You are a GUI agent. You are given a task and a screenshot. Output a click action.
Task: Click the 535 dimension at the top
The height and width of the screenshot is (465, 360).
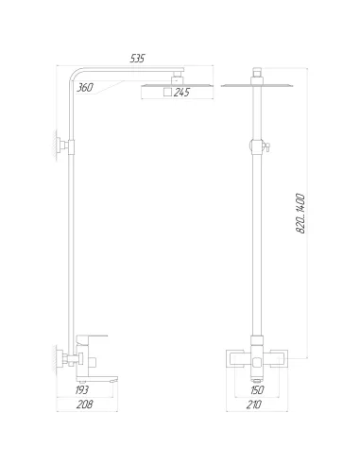click(x=138, y=59)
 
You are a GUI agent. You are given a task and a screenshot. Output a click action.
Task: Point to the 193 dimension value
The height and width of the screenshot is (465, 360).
click(x=82, y=389)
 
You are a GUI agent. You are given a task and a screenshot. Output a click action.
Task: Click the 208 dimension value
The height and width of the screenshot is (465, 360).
click(x=84, y=405)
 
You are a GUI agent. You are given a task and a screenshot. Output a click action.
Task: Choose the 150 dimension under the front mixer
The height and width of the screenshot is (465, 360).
click(x=258, y=389)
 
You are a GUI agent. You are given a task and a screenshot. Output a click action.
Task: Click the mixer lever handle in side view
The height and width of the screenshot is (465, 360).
click(x=96, y=336)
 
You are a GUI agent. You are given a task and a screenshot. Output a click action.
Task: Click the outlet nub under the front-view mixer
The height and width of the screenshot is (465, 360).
click(x=258, y=376)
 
